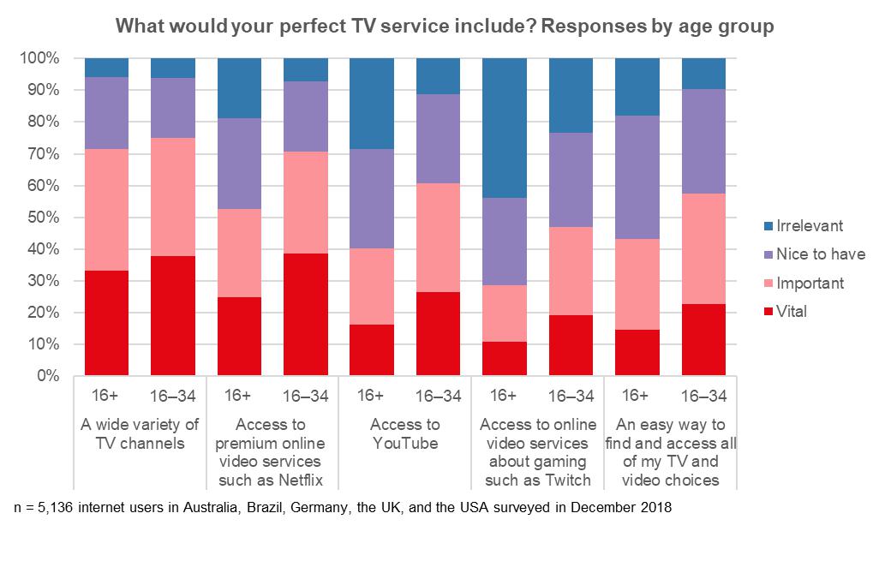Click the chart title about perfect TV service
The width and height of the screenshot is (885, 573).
click(x=445, y=27)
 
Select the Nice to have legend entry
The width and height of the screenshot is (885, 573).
click(x=821, y=254)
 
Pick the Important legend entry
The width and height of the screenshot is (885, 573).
click(x=810, y=284)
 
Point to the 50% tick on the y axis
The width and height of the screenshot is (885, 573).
click(x=42, y=218)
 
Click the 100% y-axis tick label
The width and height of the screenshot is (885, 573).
click(x=39, y=59)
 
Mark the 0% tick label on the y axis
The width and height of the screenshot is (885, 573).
click(x=46, y=376)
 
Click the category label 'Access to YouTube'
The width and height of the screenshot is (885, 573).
click(x=404, y=433)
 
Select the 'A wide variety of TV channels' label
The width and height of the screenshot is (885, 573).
click(x=140, y=433)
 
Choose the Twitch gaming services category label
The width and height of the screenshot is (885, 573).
click(x=537, y=452)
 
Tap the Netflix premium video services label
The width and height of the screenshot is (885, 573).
click(x=272, y=452)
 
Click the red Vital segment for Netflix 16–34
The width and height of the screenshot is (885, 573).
click(x=306, y=314)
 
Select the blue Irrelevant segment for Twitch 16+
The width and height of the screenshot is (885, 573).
click(x=505, y=128)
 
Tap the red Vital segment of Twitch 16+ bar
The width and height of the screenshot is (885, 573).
click(x=505, y=359)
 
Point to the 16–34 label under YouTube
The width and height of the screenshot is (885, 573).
click(x=439, y=397)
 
